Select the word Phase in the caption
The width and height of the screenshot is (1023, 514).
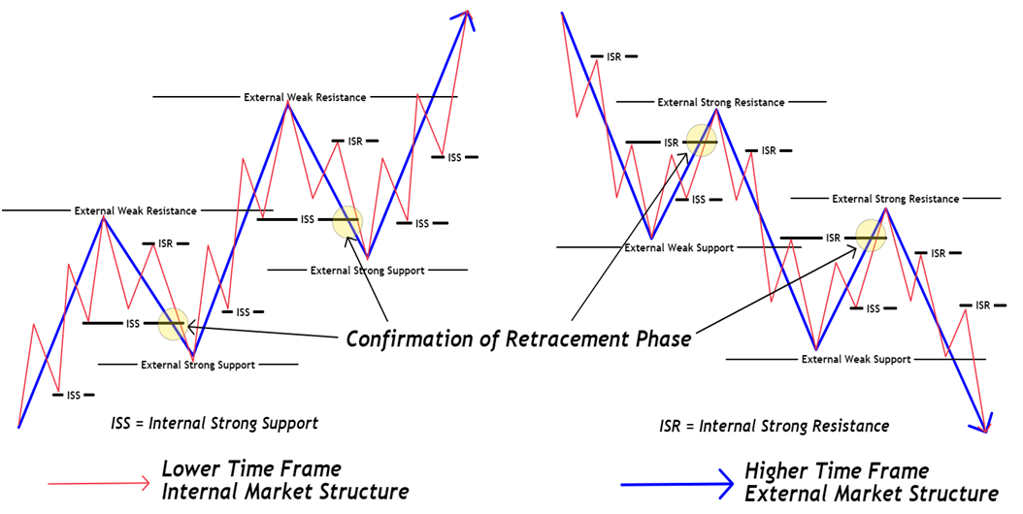pyautogui.click(x=661, y=339)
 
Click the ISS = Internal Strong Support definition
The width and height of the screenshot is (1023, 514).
pyautogui.click(x=214, y=424)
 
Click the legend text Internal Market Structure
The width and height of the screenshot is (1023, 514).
pyautogui.click(x=284, y=493)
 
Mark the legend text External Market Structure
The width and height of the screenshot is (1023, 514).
pyautogui.click(x=872, y=494)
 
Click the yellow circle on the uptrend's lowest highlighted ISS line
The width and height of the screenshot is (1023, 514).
pyautogui.click(x=173, y=323)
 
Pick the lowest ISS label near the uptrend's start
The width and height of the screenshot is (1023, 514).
pyautogui.click(x=73, y=395)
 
